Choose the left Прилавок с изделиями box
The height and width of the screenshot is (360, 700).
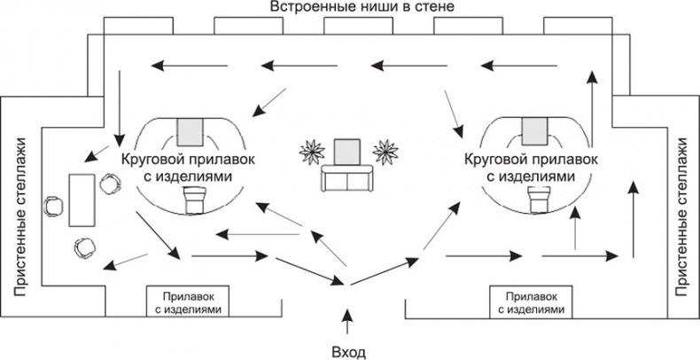click(x=188, y=301)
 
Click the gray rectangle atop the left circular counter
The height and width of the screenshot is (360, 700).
click(x=189, y=131)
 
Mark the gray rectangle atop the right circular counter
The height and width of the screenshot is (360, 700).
click(x=534, y=131)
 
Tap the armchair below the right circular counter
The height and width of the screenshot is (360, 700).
click(x=537, y=200)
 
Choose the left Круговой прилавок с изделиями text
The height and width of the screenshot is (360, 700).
click(x=183, y=168)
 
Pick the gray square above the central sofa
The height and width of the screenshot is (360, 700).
click(x=346, y=151)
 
